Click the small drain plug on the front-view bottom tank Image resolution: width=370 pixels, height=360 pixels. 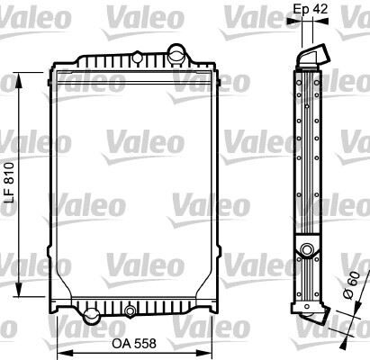pyautogui.click(x=132, y=311)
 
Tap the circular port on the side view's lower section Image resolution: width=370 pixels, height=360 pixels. pyautogui.click(x=308, y=250)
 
